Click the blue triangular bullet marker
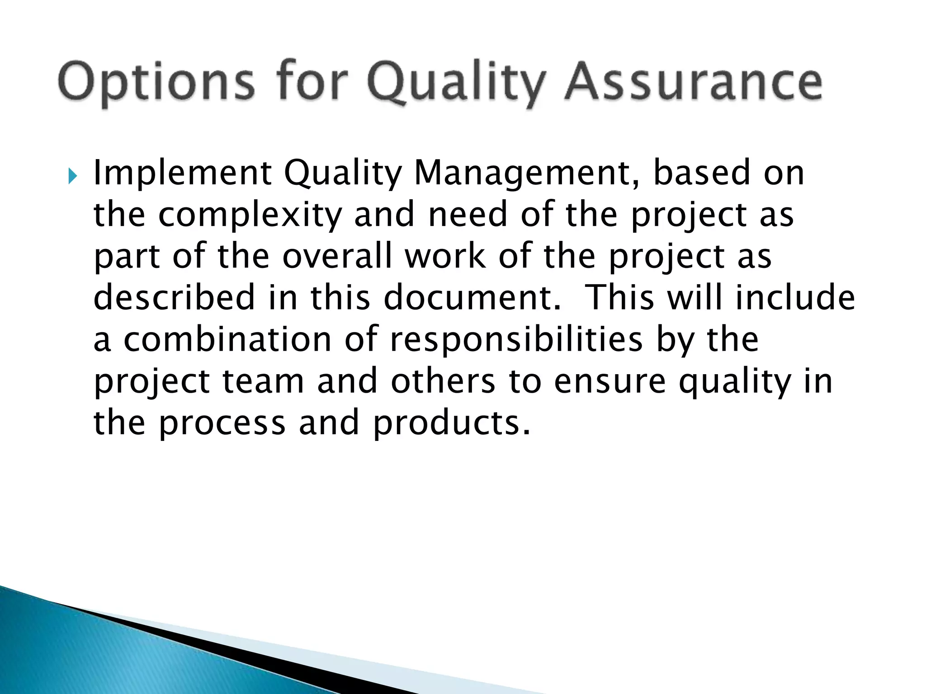[72, 176]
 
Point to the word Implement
[182, 174]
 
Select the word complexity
[250, 216]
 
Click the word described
[175, 298]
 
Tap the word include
[795, 298]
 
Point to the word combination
[227, 339]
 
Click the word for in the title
[311, 82]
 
